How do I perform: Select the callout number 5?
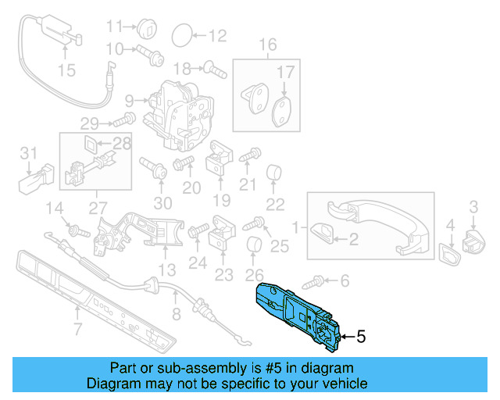360,337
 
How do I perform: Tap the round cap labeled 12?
180,34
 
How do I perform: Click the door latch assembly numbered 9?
183,113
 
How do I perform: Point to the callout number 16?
268,45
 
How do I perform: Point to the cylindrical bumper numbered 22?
275,173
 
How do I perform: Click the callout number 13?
166,270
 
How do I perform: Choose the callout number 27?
98,208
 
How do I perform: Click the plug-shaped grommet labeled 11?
147,30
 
